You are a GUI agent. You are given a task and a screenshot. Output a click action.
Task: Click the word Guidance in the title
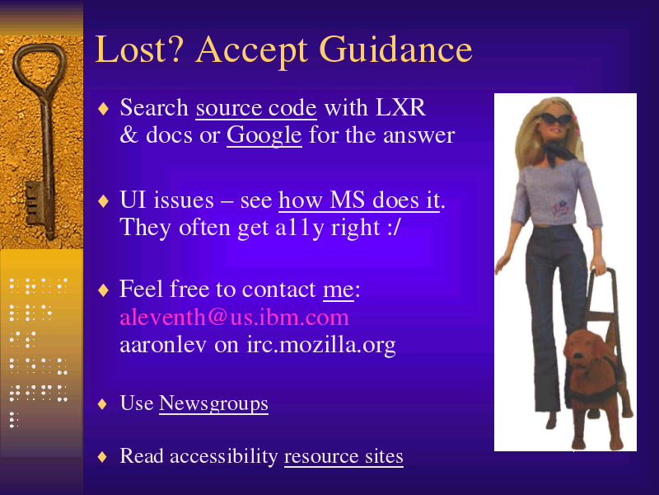click(x=396, y=49)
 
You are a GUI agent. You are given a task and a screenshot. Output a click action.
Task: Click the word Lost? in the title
click(x=139, y=49)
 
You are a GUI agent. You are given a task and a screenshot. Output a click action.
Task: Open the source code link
click(x=256, y=108)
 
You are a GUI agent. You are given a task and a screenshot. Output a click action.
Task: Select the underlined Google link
click(x=264, y=135)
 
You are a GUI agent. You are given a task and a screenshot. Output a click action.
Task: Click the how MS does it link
click(x=359, y=200)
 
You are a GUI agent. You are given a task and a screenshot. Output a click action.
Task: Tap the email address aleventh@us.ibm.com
click(x=234, y=317)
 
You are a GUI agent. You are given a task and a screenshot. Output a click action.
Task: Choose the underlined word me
click(x=339, y=290)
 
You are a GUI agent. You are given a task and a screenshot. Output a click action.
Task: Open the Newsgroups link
click(x=213, y=403)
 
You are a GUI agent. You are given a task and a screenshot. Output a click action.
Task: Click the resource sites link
click(x=344, y=456)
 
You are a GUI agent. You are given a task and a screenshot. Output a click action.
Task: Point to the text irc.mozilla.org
click(x=321, y=345)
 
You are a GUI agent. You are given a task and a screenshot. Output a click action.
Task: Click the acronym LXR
click(x=400, y=108)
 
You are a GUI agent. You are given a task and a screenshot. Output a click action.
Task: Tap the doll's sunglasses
click(x=554, y=119)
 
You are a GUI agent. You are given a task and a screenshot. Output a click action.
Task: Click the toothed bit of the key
click(x=35, y=203)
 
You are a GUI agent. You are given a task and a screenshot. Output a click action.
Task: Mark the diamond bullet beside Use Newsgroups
click(x=102, y=404)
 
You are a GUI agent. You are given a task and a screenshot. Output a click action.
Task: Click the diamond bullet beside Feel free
click(x=103, y=290)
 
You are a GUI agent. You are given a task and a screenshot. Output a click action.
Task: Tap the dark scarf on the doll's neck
click(x=559, y=153)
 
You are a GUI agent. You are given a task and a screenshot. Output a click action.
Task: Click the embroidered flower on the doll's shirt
click(x=560, y=210)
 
